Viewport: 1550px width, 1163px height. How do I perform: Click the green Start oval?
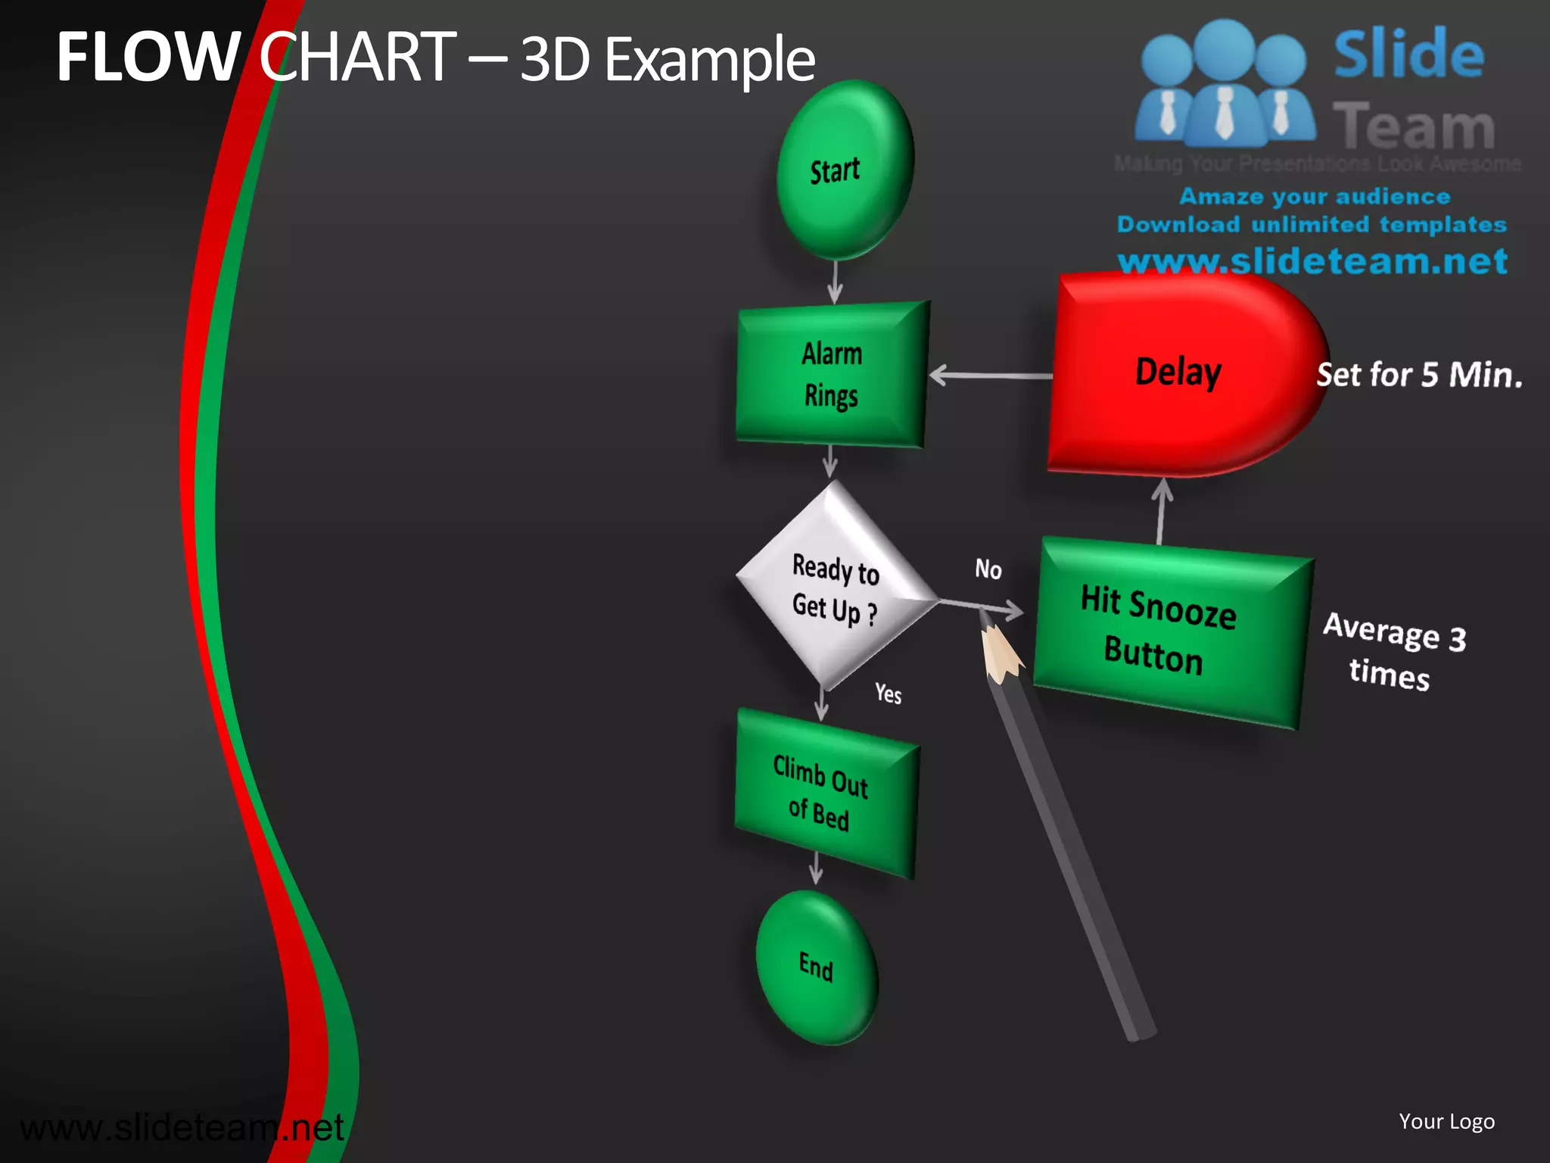click(844, 170)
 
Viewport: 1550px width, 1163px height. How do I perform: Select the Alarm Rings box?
click(832, 374)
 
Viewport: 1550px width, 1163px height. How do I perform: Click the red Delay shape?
click(1181, 373)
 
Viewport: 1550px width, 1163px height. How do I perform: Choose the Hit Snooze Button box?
click(1169, 631)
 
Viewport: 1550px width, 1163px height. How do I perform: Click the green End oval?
click(817, 967)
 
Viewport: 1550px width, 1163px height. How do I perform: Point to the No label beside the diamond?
click(988, 569)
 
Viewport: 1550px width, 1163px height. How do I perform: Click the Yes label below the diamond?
click(888, 693)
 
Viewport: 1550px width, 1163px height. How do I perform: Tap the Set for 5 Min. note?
click(1419, 375)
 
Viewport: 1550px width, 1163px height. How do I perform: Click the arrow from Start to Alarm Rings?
click(835, 281)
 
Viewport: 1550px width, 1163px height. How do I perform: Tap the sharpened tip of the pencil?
click(985, 615)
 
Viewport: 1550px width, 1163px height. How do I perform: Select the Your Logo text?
click(1446, 1121)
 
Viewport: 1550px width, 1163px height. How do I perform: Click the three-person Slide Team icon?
click(1225, 83)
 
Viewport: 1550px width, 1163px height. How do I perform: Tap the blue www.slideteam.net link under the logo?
click(1312, 262)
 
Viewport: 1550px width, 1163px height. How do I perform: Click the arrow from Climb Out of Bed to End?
click(816, 867)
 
